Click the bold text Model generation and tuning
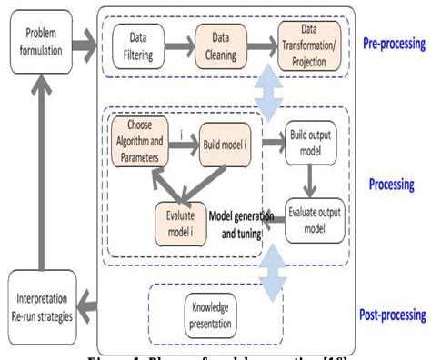pyautogui.click(x=238, y=223)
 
